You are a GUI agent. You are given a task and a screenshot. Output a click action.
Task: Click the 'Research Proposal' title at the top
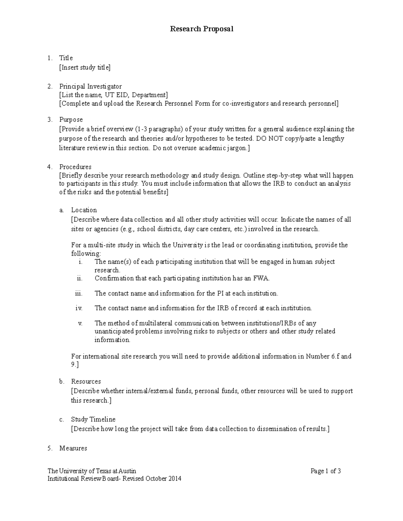[x=201, y=29]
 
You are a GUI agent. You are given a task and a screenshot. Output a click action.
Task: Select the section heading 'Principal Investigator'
[x=90, y=86]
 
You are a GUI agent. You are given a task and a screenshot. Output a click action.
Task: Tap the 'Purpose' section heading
[x=71, y=119]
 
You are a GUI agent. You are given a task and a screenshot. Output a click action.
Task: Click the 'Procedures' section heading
[x=75, y=167]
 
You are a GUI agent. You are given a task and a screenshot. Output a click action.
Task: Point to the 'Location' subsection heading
[x=84, y=210]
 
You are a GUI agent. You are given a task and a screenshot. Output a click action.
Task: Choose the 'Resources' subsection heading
[x=86, y=381]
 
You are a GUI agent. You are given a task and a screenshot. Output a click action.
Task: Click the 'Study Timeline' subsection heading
[x=93, y=419]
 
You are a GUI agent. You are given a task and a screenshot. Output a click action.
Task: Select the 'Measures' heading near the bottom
[x=73, y=448]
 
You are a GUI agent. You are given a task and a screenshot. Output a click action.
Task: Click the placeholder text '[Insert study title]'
[x=85, y=67]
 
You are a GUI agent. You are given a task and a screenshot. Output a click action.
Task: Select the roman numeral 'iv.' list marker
[x=79, y=308]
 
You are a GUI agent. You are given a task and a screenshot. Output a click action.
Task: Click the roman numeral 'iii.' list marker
[x=79, y=293]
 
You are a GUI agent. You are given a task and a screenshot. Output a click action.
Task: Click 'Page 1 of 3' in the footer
[x=325, y=471]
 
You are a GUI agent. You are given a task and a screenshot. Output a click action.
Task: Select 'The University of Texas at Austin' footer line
[x=92, y=471]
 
